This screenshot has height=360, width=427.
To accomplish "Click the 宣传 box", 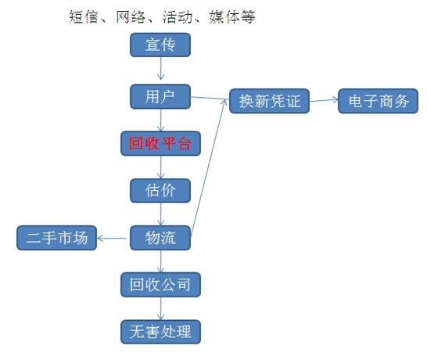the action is pyautogui.click(x=160, y=45).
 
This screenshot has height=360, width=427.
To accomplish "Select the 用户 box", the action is pyautogui.click(x=160, y=96).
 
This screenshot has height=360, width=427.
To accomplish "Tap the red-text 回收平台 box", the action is pyautogui.click(x=160, y=143).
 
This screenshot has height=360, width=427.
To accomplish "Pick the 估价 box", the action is pyautogui.click(x=160, y=190).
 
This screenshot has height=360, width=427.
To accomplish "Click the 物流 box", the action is pyautogui.click(x=160, y=238).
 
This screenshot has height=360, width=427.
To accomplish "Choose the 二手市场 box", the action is pyautogui.click(x=56, y=238).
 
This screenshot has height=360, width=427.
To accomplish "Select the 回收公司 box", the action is pyautogui.click(x=160, y=285).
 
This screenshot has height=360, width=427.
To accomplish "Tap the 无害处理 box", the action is pyautogui.click(x=160, y=332).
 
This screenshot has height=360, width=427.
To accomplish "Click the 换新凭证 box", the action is pyautogui.click(x=269, y=101).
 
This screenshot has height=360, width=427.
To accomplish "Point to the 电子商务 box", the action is pyautogui.click(x=378, y=101).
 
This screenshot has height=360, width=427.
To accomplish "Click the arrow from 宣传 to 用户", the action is pyautogui.click(x=160, y=68).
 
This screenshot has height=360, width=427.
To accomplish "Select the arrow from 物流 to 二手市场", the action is pyautogui.click(x=112, y=239).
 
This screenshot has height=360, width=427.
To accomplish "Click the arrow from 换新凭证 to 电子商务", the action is pyautogui.click(x=324, y=100).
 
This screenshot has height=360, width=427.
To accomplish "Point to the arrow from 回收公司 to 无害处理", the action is pyautogui.click(x=160, y=308).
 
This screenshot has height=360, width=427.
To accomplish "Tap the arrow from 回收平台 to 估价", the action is pyautogui.click(x=160, y=167).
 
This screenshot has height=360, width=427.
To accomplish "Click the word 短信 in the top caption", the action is pyautogui.click(x=84, y=17).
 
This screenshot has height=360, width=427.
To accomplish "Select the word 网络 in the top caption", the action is pyautogui.click(x=131, y=17).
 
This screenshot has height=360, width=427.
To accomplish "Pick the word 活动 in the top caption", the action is pyautogui.click(x=178, y=17).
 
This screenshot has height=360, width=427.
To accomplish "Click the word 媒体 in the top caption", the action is pyautogui.click(x=224, y=17).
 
